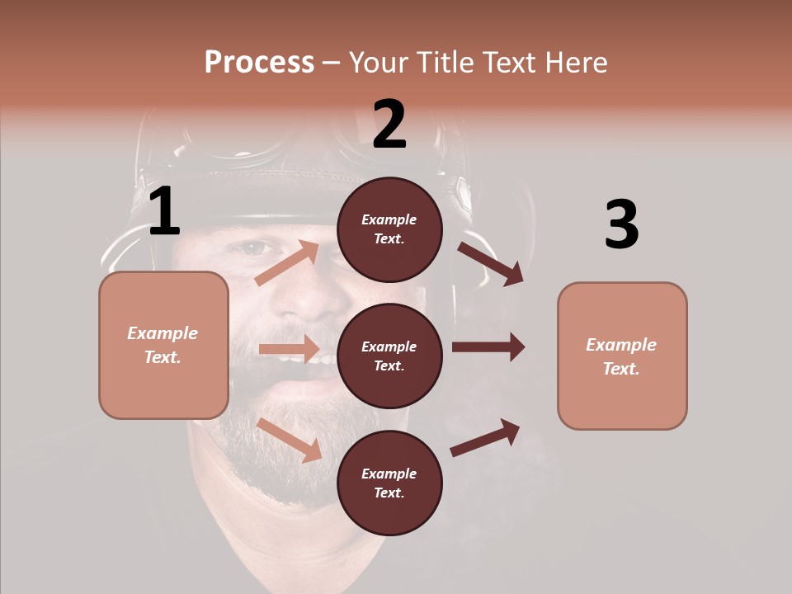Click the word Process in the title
(x=259, y=62)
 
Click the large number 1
(x=164, y=212)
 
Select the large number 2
(x=389, y=125)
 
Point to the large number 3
(x=621, y=224)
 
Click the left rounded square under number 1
(x=163, y=345)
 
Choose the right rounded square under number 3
(x=622, y=356)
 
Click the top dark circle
(x=389, y=229)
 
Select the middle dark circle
(x=389, y=356)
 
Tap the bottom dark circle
(x=389, y=483)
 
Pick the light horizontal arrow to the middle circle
(x=289, y=349)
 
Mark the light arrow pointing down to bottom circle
(x=290, y=439)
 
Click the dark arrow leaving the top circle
(x=492, y=264)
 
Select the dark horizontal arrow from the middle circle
(x=488, y=346)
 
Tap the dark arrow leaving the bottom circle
(x=485, y=437)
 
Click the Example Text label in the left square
(x=163, y=345)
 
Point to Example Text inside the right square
(x=622, y=356)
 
